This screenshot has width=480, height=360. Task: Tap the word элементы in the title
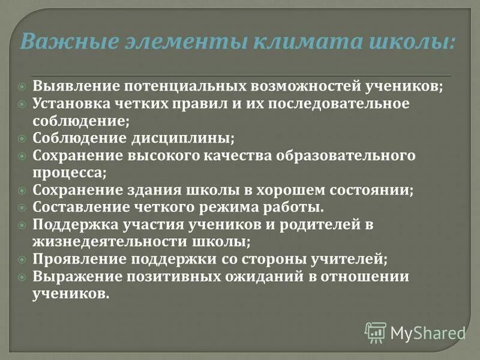pyautogui.click(x=178, y=42)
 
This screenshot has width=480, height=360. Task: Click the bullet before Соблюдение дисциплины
pyautogui.click(x=22, y=138)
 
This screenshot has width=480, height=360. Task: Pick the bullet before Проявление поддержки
pyautogui.click(x=22, y=260)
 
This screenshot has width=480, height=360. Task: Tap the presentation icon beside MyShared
pyautogui.click(x=376, y=332)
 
